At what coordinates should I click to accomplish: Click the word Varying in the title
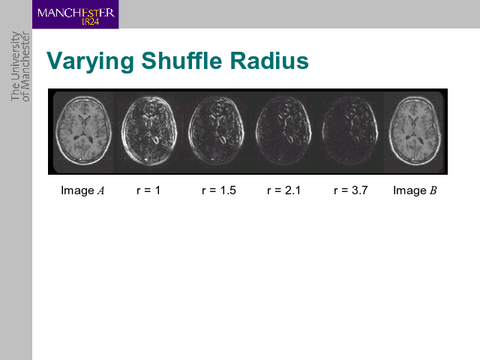click(90, 61)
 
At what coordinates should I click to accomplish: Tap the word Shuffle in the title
click(181, 60)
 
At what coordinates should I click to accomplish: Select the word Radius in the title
click(269, 61)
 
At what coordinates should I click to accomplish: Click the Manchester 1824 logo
click(75, 14)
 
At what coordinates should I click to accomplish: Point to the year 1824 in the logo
click(90, 22)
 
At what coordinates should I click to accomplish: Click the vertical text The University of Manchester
click(20, 67)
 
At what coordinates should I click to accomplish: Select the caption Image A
click(82, 190)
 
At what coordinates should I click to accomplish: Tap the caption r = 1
click(148, 190)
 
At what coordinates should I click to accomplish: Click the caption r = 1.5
click(219, 190)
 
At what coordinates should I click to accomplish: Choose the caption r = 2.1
click(283, 190)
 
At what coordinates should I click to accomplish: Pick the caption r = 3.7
click(350, 190)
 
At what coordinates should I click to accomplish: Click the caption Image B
click(415, 190)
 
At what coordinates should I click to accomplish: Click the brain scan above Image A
click(83, 130)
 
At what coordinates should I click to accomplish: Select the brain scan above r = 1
click(149, 130)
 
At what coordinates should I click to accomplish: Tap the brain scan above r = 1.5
click(217, 130)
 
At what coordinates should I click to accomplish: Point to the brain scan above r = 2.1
click(283, 130)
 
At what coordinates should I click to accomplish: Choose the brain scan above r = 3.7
click(350, 130)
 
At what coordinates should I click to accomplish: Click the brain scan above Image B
click(415, 130)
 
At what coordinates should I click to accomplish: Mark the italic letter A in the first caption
click(100, 190)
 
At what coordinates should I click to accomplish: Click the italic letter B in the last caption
click(433, 190)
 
